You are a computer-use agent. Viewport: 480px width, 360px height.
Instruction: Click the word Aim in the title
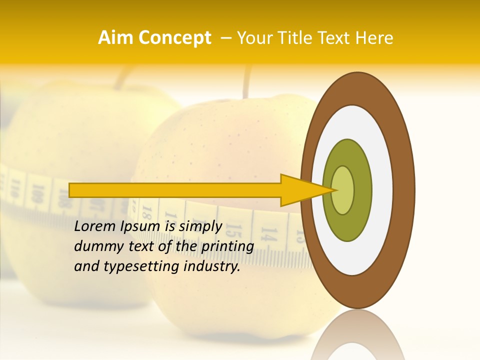pyautogui.click(x=116, y=38)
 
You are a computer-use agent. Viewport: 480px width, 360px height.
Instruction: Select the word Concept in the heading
pyautogui.click(x=175, y=38)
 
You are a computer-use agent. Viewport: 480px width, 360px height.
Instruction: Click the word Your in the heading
pyautogui.click(x=255, y=38)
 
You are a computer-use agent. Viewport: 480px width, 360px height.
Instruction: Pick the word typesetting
pyautogui.click(x=142, y=267)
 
